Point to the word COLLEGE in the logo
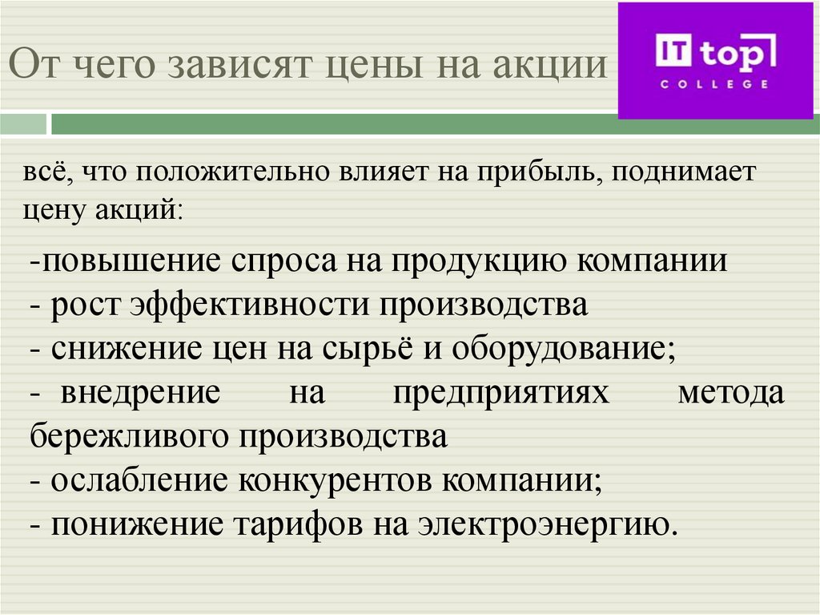715,83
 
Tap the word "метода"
730,394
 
